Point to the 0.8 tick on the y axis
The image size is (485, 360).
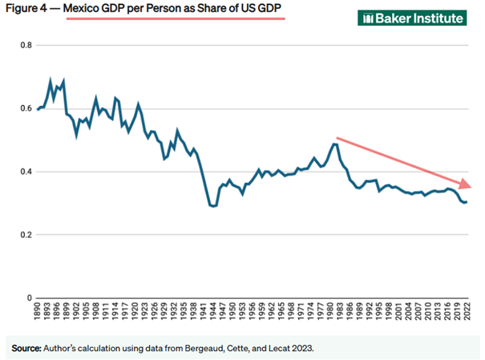click(25, 45)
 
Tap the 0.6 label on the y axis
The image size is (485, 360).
click(25, 108)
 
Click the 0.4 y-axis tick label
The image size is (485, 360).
click(25, 172)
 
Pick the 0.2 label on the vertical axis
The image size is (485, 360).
click(25, 235)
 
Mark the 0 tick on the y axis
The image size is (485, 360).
click(29, 298)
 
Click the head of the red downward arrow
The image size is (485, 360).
click(465, 185)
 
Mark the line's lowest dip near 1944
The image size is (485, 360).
click(212, 206)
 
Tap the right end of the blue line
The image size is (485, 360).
click(467, 202)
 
